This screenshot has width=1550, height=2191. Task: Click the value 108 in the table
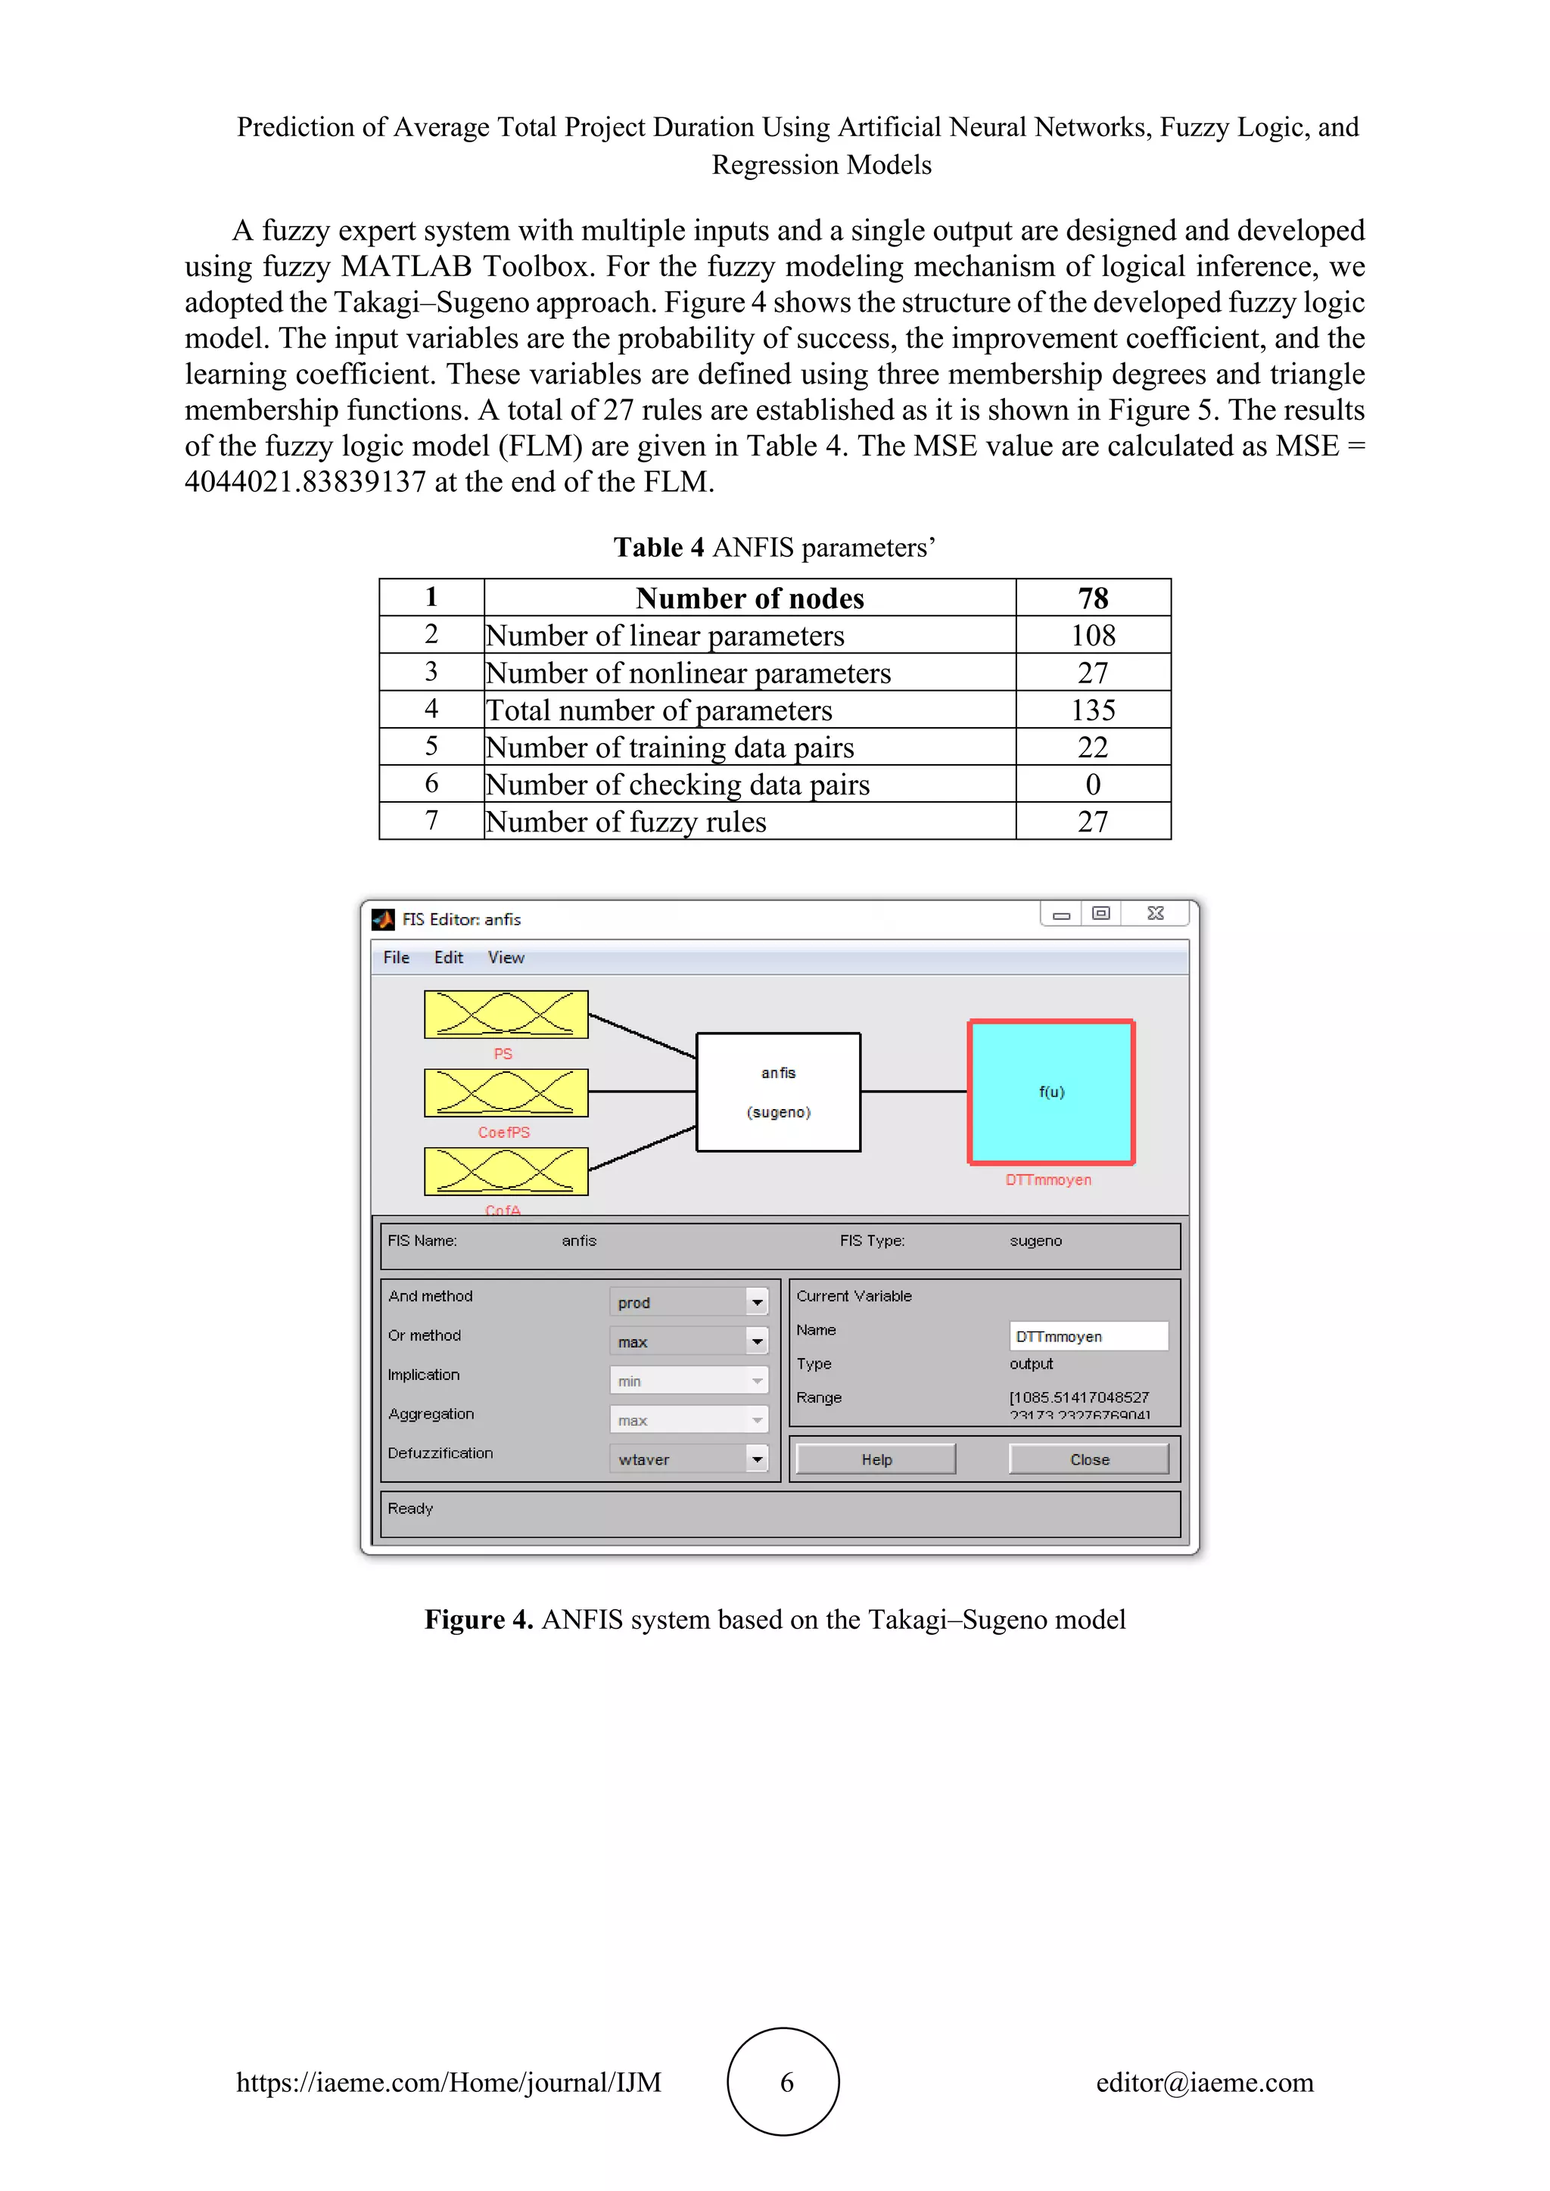[x=1093, y=635]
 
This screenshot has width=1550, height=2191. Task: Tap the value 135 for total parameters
[x=1093, y=710]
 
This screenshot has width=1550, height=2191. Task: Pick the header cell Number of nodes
[x=749, y=598]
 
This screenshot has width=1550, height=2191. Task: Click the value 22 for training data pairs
[x=1093, y=747]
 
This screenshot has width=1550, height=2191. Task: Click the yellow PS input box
[x=506, y=1015]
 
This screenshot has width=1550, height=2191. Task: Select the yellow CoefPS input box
[x=506, y=1092]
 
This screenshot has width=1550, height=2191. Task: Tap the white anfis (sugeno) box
[x=778, y=1092]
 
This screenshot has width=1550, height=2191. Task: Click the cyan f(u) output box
[x=1050, y=1092]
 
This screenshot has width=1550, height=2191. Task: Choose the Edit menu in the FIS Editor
[x=449, y=957]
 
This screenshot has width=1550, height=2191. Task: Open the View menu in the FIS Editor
[x=506, y=957]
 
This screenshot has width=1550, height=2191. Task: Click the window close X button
[x=1155, y=913]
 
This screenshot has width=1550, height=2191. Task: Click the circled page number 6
[x=785, y=2081]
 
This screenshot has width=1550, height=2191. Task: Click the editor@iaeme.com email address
[x=1204, y=2082]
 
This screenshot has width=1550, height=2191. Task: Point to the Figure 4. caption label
[x=478, y=1619]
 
